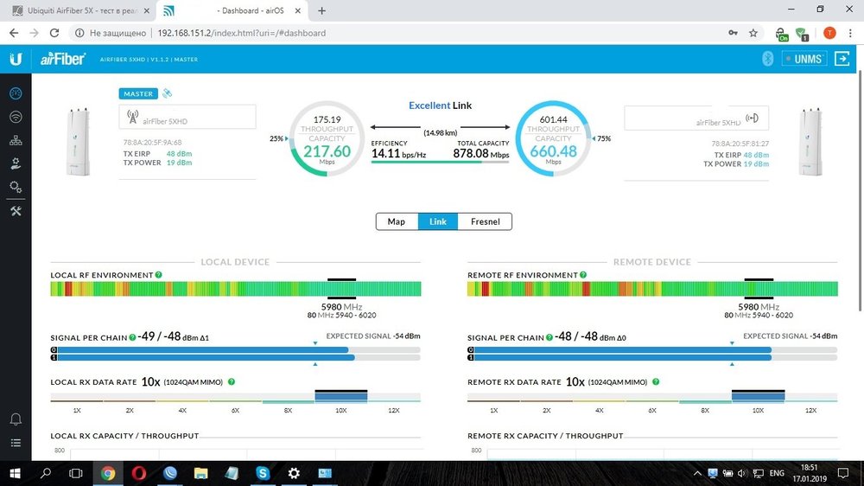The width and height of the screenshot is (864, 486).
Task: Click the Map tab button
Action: [397, 221]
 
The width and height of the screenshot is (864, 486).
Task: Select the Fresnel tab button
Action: [485, 221]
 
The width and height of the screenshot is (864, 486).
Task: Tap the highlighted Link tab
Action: [438, 221]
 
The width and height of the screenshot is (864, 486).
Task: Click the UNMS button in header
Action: [804, 59]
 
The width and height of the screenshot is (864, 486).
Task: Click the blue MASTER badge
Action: [138, 93]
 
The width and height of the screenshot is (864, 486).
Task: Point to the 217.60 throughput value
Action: [327, 150]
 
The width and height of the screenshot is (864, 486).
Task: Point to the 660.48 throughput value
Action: [553, 150]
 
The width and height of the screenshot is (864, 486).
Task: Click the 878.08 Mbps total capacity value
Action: [471, 153]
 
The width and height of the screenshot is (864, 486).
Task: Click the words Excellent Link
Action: [440, 106]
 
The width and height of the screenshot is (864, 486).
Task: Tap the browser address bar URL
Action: [241, 33]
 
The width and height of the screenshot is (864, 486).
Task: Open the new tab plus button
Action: [322, 10]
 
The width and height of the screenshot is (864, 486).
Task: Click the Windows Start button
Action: [15, 473]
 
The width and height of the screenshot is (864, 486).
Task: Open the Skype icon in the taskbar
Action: [262, 473]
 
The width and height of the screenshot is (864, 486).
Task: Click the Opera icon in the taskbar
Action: [139, 473]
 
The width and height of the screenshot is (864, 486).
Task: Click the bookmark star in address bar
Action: [753, 33]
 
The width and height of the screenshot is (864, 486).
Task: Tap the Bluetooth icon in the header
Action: [766, 59]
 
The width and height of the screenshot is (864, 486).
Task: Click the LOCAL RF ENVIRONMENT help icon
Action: [159, 275]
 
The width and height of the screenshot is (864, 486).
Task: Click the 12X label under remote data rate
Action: [810, 410]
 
